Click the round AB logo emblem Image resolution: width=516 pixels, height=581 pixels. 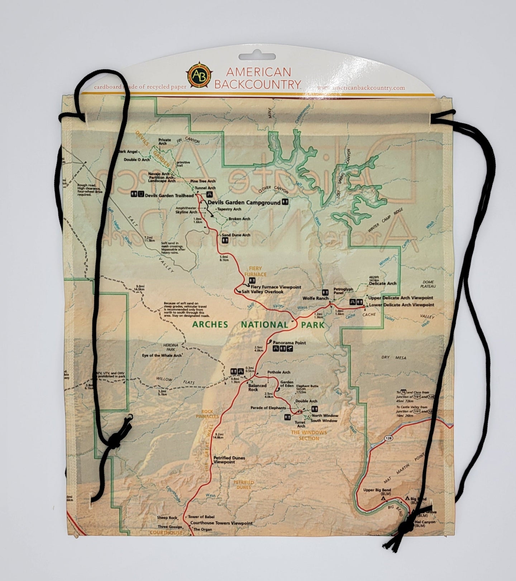[x=197, y=75]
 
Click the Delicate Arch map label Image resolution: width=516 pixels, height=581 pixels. [x=382, y=283]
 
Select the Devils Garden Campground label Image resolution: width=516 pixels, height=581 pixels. [x=244, y=203]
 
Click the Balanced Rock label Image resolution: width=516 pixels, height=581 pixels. [x=258, y=387]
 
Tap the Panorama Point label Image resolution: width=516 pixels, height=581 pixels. [x=289, y=343]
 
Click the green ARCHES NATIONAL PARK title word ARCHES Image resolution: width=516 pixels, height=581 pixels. [x=210, y=325]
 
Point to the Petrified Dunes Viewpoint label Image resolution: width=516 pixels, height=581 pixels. [x=224, y=460]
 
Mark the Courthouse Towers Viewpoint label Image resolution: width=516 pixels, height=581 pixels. [x=221, y=523]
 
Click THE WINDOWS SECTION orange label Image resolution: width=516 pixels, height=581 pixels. [x=309, y=435]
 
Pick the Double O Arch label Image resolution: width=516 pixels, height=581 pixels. [x=137, y=160]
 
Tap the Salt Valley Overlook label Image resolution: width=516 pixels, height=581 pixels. [x=262, y=292]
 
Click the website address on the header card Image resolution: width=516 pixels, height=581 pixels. [x=361, y=88]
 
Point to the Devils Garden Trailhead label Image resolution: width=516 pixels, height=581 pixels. [x=169, y=195]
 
